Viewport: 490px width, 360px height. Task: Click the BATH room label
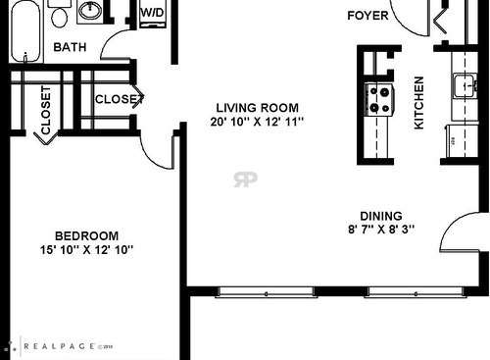(70, 46)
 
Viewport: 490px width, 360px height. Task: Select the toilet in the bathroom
(60, 15)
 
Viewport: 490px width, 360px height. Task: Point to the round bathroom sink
(91, 11)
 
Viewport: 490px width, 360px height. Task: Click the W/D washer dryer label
(152, 13)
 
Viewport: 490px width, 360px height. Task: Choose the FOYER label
(367, 16)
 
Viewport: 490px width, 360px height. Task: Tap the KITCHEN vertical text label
(418, 103)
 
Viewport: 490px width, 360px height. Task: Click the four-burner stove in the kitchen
(378, 99)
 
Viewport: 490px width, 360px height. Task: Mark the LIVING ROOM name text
(258, 107)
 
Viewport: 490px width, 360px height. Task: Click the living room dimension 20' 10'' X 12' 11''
(258, 122)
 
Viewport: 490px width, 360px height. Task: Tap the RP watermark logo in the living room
(245, 179)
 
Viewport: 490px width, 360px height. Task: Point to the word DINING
(380, 217)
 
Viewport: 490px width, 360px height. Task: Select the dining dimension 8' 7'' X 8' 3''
(380, 231)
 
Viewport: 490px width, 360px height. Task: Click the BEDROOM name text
(86, 235)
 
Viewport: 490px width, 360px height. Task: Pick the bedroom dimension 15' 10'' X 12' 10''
(86, 250)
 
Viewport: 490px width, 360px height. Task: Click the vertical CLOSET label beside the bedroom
(45, 110)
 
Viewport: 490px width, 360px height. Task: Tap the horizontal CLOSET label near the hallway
(119, 98)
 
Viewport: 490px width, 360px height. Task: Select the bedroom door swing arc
(157, 150)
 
